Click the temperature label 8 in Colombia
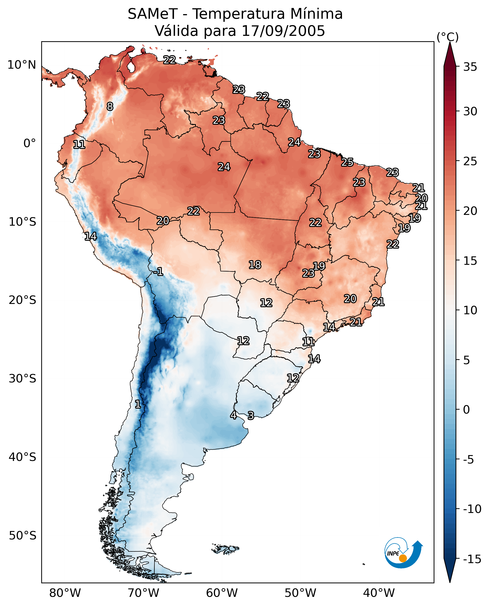[x=110, y=106]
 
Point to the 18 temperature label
[x=255, y=265]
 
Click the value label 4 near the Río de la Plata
[x=233, y=415]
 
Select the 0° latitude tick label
[x=30, y=143]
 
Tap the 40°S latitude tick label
[x=22, y=457]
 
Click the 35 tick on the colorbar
[x=470, y=67]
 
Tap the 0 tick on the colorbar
[x=466, y=409]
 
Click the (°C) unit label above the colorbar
[x=448, y=37]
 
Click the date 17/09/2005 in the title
[x=283, y=31]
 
